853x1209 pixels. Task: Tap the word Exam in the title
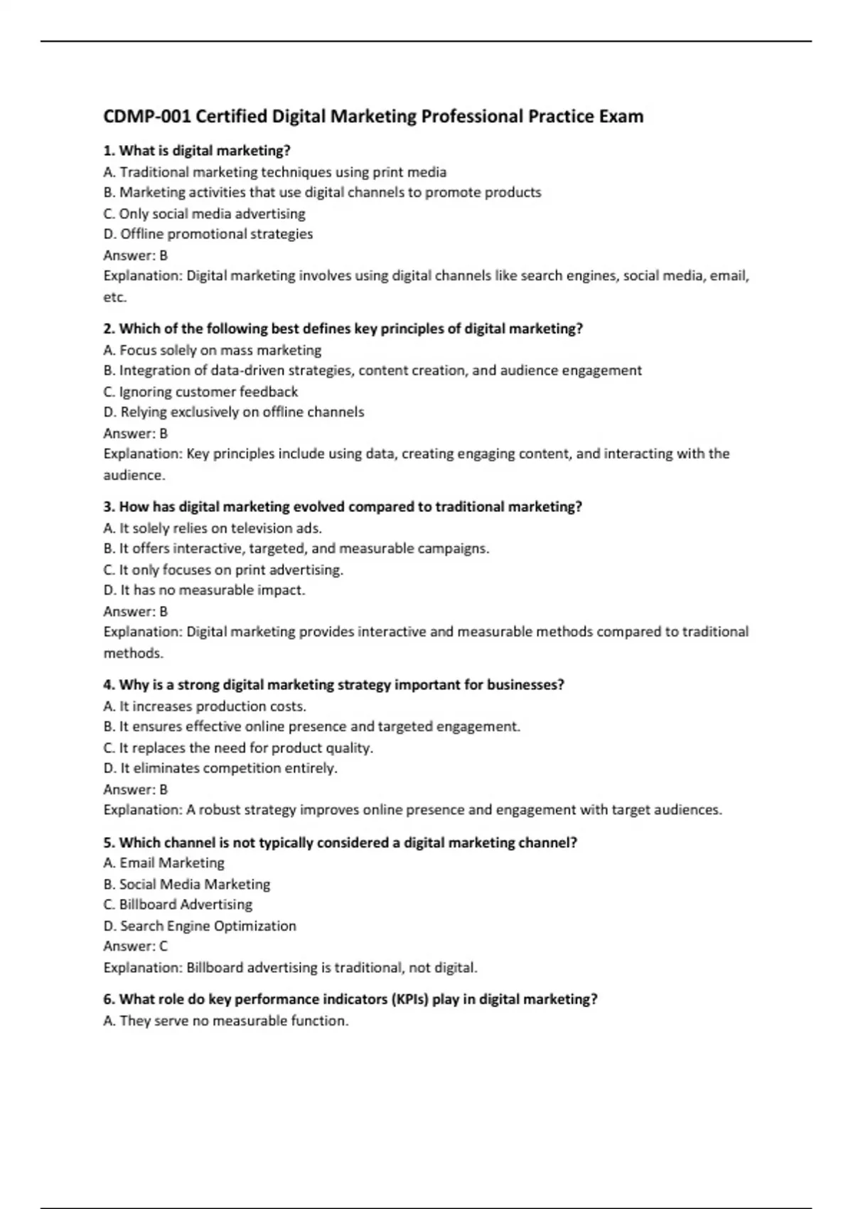[x=621, y=117]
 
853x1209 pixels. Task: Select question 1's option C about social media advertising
[x=204, y=213]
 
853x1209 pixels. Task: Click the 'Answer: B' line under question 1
[x=135, y=255]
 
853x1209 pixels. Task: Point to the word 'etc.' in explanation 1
[x=114, y=297]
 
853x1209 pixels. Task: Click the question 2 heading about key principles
[x=343, y=329]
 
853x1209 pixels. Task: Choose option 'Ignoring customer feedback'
[x=200, y=392]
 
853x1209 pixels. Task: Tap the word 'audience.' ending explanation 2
[x=134, y=475]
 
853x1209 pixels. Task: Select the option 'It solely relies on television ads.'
[x=212, y=528]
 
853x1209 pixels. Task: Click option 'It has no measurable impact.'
[x=204, y=590]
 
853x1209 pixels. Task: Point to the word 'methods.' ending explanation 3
[x=133, y=653]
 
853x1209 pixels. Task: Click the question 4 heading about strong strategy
[x=333, y=685]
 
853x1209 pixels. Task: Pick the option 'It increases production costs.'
[x=205, y=706]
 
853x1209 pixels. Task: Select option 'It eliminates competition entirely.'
[x=220, y=768]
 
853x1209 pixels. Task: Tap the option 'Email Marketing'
[x=163, y=863]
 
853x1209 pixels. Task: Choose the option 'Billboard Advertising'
[x=178, y=905]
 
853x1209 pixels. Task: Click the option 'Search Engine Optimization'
[x=200, y=926]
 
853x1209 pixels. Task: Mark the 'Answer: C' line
[x=135, y=946]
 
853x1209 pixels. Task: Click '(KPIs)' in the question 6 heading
[x=409, y=999]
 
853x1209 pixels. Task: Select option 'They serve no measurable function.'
[x=226, y=1021]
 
